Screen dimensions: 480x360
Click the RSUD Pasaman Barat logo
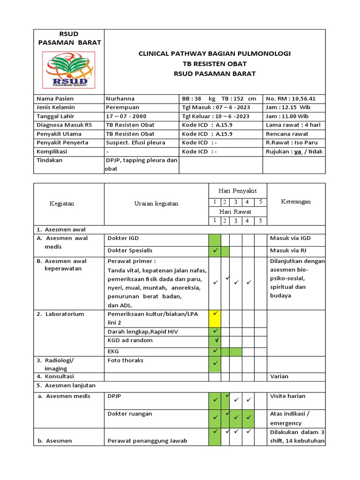[68, 70]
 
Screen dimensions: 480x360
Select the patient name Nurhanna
[120, 99]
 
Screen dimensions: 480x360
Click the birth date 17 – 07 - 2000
[127, 116]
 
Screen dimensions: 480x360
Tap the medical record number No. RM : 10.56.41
[290, 99]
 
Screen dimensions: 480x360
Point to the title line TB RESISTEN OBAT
[214, 64]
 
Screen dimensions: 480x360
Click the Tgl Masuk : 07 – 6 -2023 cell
[216, 108]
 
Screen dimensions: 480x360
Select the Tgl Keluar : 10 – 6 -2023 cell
[216, 116]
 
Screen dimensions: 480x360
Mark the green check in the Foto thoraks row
[215, 363]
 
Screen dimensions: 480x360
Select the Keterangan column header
[295, 202]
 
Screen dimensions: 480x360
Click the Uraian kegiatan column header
[156, 203]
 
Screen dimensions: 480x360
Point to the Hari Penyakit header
[238, 191]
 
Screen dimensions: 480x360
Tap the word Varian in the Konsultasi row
[279, 376]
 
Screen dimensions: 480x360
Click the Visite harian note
[287, 396]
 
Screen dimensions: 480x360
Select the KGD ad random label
[130, 340]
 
